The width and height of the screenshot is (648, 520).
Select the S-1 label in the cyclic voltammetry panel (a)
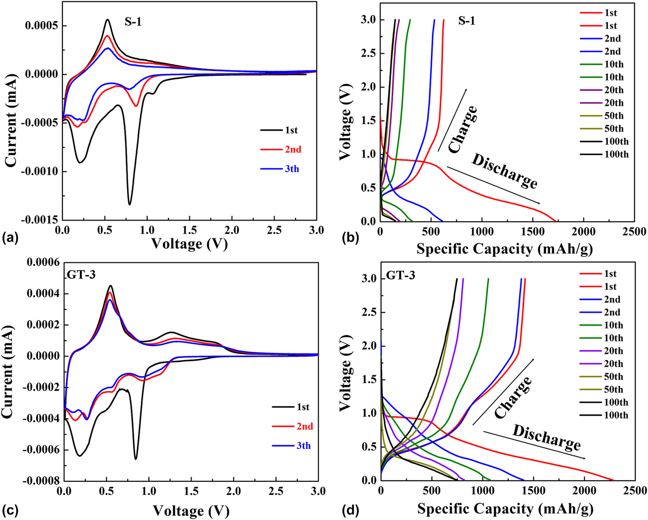point(133,22)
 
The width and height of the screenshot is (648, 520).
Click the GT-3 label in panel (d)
point(401,276)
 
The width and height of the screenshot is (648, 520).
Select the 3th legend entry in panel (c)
point(303,446)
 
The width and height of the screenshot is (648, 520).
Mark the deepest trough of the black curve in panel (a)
point(129,204)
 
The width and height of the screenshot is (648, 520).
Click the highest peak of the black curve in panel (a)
point(107,20)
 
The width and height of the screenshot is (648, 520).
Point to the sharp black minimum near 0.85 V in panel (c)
point(135,459)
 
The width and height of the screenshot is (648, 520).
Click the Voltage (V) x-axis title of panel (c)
point(190,510)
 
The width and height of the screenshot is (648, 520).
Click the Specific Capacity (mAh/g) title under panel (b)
point(505,249)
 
